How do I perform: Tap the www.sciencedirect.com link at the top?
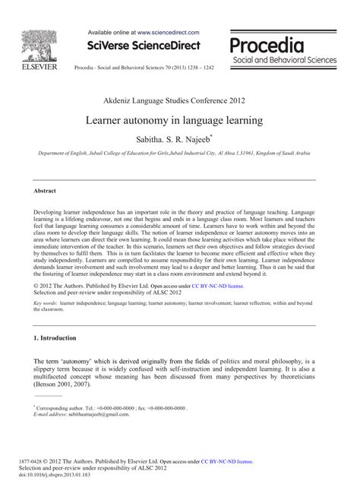point(169,33)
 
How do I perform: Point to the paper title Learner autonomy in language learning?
point(179,120)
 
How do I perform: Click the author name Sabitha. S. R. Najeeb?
point(179,140)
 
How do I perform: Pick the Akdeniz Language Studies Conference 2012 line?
point(179,100)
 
